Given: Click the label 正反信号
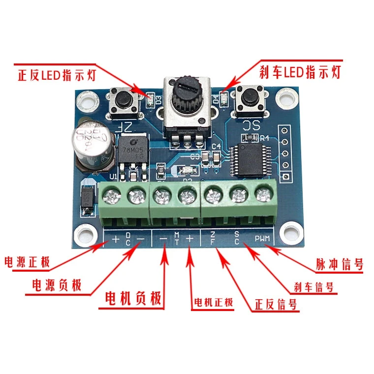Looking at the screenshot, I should pyautogui.click(x=276, y=304).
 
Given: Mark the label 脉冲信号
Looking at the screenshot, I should pyautogui.click(x=340, y=264).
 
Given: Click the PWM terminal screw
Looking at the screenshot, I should pyautogui.click(x=265, y=196).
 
